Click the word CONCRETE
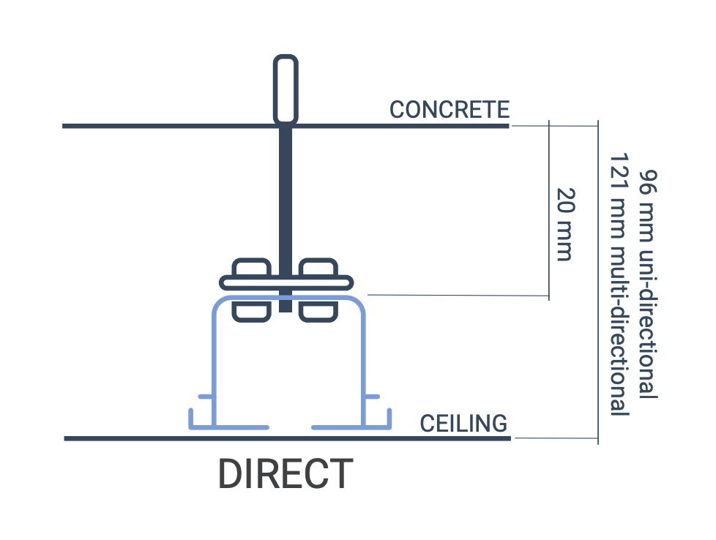(x=449, y=110)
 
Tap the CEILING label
(x=463, y=423)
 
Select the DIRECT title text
(x=286, y=474)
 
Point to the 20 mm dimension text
(x=564, y=224)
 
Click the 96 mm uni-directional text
(x=647, y=285)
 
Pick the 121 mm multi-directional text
(x=619, y=285)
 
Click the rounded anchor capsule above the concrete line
(x=286, y=88)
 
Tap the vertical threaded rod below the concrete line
(x=286, y=198)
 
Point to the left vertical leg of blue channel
(x=214, y=366)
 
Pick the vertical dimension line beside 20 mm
(x=548, y=212)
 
